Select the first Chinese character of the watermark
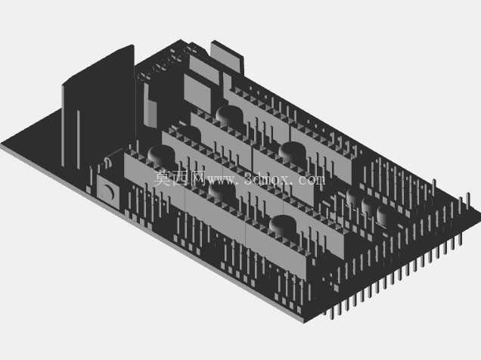pyautogui.click(x=162, y=178)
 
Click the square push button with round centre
pyautogui.click(x=108, y=191)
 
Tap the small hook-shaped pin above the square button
pyautogui.click(x=107, y=163)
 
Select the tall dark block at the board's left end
pyautogui.click(x=99, y=107)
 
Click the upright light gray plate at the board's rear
pyautogui.click(x=227, y=57)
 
